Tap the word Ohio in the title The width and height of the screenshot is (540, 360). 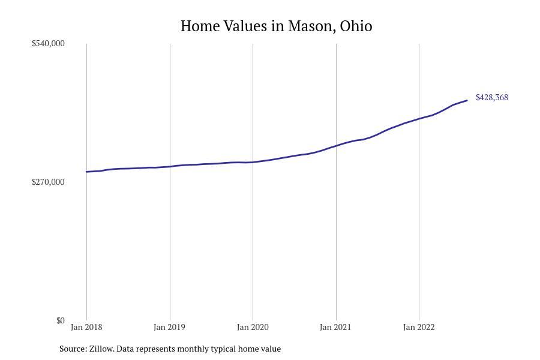tap(356, 26)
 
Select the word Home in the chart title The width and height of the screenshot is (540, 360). tap(200, 26)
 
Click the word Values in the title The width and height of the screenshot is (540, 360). tap(247, 26)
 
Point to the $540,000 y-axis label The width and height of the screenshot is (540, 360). tap(48, 43)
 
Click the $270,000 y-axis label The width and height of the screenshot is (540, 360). tap(48, 182)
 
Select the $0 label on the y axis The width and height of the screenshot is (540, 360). tap(60, 320)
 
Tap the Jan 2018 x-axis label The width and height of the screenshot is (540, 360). tap(86, 327)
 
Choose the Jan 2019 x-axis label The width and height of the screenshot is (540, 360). tap(169, 327)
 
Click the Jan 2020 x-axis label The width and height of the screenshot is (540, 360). tap(253, 327)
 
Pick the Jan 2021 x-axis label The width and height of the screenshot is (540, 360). tap(335, 327)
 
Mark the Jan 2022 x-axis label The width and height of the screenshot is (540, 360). tap(419, 327)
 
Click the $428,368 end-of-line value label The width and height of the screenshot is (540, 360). tap(491, 97)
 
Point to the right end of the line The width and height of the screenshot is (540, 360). tap(467, 100)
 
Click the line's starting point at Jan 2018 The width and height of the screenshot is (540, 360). tap(86, 172)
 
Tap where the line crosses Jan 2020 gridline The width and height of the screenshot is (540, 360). tap(253, 162)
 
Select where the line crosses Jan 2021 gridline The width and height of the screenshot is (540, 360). tap(336, 146)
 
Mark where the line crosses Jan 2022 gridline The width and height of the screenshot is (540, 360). tap(419, 119)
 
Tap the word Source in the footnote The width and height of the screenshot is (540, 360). tap(73, 349)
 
